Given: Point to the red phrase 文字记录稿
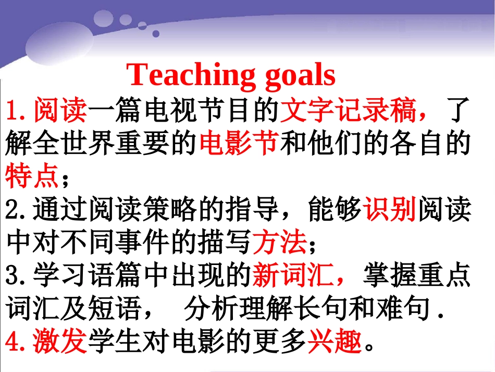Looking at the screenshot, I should (x=348, y=111).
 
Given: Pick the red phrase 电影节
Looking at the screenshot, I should (x=239, y=142).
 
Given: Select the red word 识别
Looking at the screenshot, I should (x=390, y=210).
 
